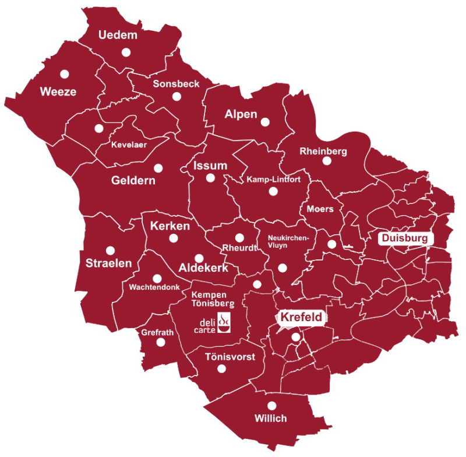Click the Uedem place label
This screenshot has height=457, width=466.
point(118,35)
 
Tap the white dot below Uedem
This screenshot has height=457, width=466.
point(126,52)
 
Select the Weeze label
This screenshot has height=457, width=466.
point(58,92)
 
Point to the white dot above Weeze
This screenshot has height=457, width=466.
point(64,74)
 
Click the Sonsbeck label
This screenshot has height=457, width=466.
point(176,84)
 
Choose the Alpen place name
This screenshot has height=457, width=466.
point(241,114)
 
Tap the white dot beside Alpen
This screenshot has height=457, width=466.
point(266,122)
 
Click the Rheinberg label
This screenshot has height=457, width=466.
point(323,152)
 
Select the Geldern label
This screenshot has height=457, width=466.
point(133,181)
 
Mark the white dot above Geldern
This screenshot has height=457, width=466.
point(158,168)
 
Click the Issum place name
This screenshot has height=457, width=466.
point(210,166)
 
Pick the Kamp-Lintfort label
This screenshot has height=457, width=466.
point(273,180)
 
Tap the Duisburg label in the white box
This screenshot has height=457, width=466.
point(405,238)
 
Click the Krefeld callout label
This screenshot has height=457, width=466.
point(301,318)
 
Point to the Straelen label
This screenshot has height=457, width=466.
point(109,263)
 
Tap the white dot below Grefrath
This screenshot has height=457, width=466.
point(161,343)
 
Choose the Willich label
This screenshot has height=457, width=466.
point(271,419)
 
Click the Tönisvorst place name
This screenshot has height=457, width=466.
point(230,357)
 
